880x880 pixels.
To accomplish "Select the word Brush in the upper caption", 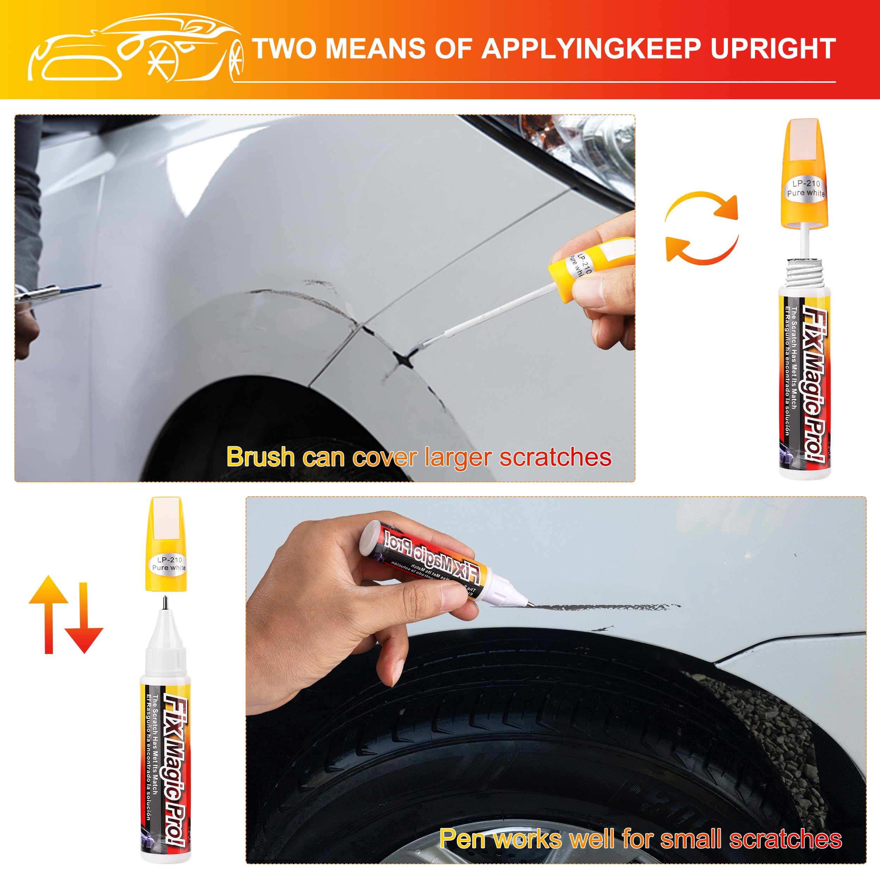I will [x=260, y=457].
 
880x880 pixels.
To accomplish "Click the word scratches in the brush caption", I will [x=555, y=457].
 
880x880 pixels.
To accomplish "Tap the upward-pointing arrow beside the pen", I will [x=48, y=612].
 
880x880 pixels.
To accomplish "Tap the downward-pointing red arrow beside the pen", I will [x=84, y=620].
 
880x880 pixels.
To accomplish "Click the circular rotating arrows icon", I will [x=702, y=228].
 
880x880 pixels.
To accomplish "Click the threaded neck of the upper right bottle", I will [x=804, y=273].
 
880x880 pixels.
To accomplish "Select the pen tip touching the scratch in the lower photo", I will [x=530, y=604].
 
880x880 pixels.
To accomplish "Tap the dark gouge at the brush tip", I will [x=403, y=359].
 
